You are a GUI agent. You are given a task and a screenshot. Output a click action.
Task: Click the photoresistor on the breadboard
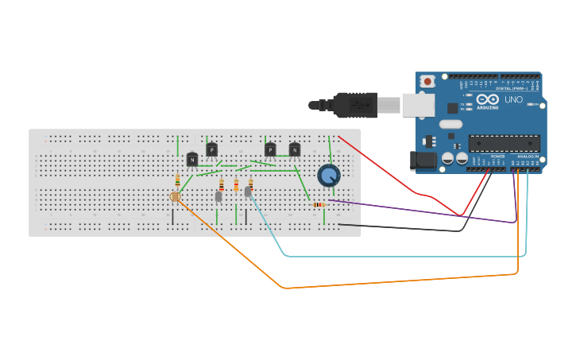pos(176,195)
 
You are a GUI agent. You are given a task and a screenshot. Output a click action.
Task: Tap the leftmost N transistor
pos(192,160)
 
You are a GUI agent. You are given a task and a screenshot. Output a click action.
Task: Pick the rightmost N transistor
pos(295,149)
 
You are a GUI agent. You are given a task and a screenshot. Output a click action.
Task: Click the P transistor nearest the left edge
pos(211,149)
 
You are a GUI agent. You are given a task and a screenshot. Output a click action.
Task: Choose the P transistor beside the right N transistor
pos(270,149)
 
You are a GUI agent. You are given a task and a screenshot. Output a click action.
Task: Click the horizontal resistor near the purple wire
pos(319,205)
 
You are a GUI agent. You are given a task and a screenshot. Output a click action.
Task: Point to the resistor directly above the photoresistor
pos(177,181)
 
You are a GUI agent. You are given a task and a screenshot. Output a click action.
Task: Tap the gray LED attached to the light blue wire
pos(248,192)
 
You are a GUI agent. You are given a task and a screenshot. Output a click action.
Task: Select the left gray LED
pos(218,196)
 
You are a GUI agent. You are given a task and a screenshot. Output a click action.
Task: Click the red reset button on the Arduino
pos(427,81)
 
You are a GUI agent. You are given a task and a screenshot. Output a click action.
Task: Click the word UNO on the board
pos(514,100)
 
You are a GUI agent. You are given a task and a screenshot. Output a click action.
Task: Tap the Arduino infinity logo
pos(487,99)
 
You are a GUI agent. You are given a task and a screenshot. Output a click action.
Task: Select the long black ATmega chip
pos(504,143)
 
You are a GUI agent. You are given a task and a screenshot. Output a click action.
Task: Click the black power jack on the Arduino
pos(423,160)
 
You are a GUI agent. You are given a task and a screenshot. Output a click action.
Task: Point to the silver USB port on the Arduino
pos(418,105)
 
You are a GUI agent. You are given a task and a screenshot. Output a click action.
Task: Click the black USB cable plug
pos(354,104)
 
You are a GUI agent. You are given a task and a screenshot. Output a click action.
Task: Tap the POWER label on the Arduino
pos(497,157)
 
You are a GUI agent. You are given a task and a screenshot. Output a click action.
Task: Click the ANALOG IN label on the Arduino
pos(527,157)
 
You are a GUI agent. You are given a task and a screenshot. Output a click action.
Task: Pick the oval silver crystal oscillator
pos(450,124)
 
